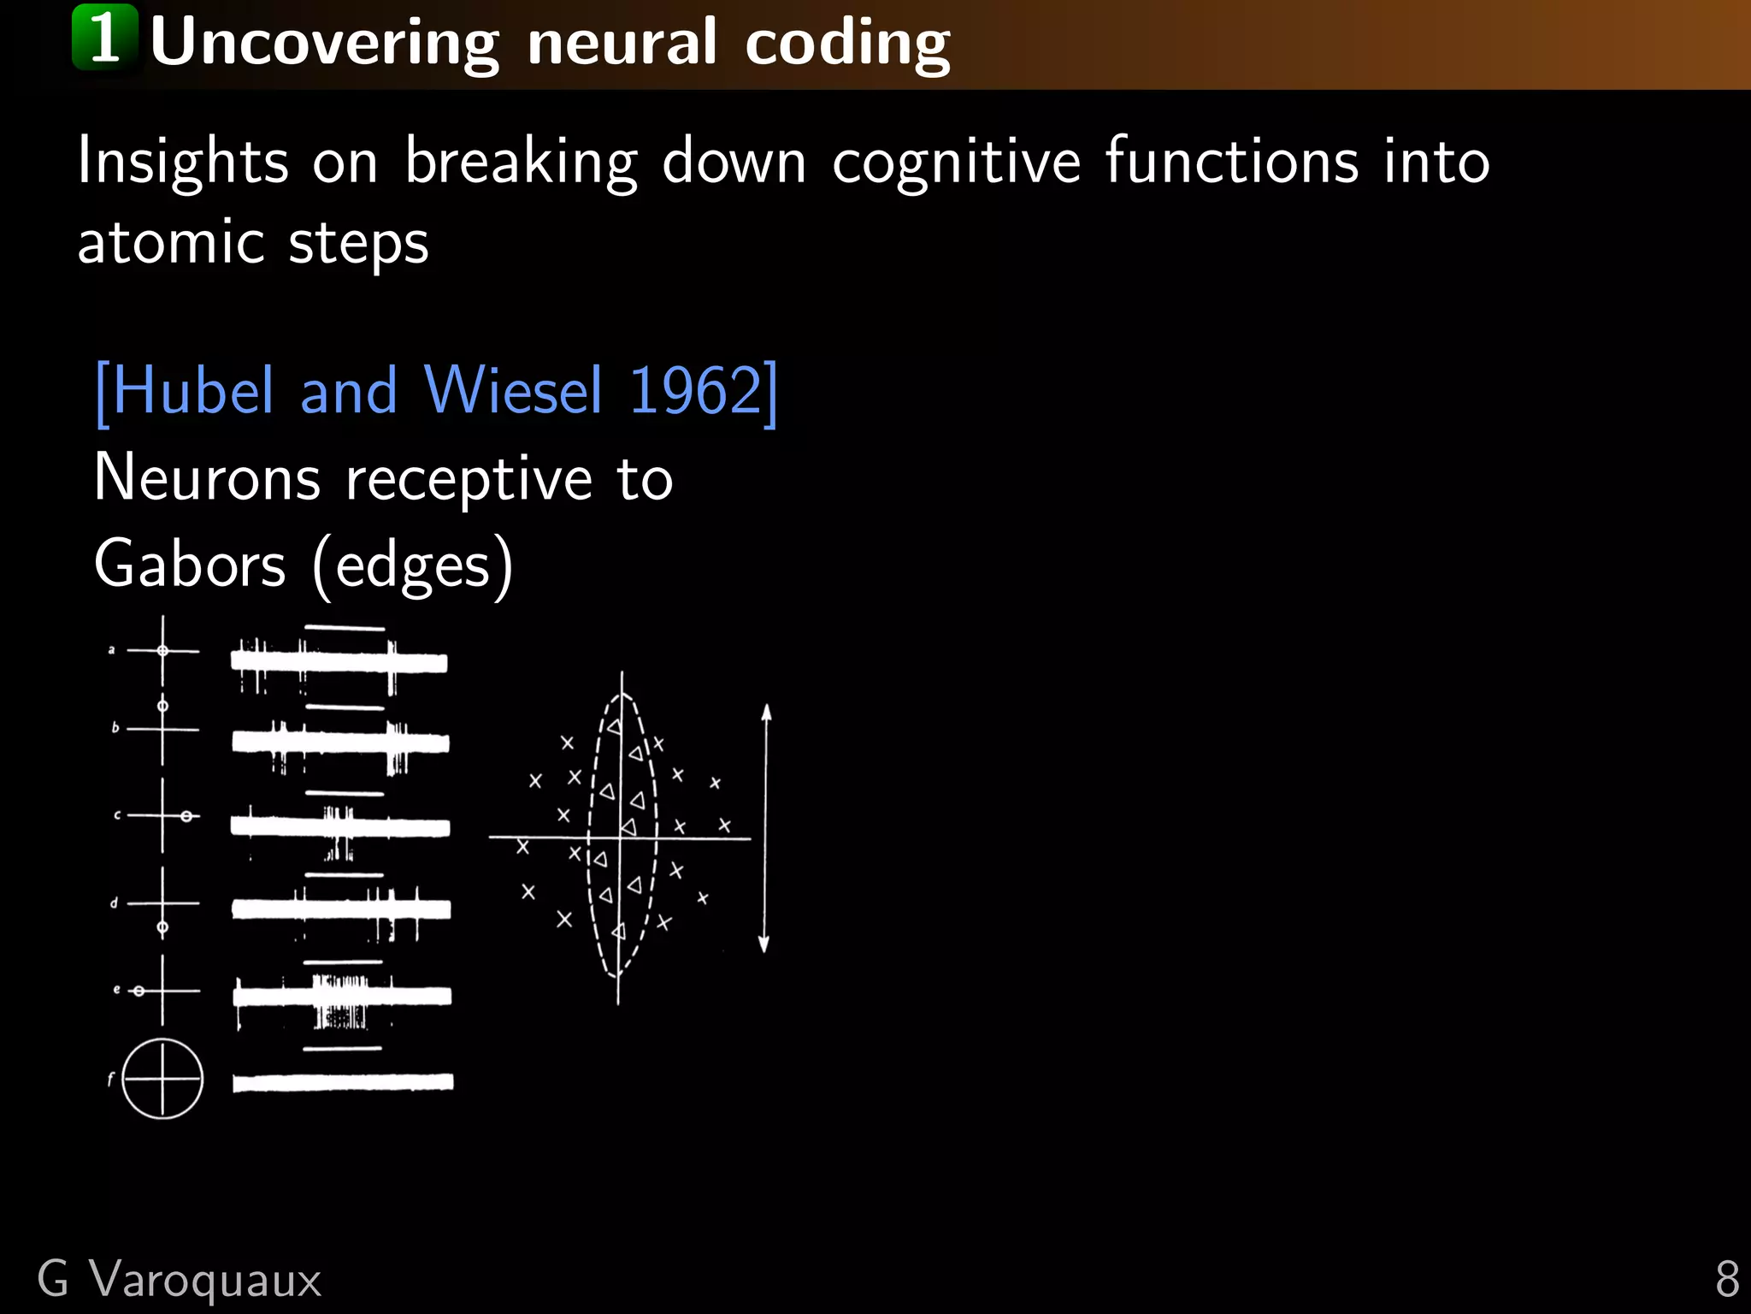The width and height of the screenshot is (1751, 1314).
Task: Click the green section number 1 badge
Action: coord(104,38)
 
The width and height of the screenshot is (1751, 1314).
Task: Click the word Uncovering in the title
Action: coord(324,43)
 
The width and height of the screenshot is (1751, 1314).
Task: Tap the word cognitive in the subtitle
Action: coord(957,163)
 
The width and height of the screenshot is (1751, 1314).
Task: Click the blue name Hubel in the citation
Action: coord(192,391)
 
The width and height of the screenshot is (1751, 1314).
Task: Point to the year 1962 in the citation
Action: coord(695,391)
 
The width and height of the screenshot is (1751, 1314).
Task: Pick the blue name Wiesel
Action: coord(513,391)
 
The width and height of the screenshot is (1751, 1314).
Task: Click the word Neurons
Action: coord(207,478)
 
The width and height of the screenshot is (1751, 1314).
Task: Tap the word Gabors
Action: coord(190,565)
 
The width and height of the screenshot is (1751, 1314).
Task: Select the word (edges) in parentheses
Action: coord(413,566)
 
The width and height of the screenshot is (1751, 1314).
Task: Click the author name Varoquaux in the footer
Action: coord(205,1280)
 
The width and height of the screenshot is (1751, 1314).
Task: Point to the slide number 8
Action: coord(1726,1280)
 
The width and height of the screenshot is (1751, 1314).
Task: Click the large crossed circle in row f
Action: coord(162,1079)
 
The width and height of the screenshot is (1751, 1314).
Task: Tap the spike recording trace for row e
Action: coord(342,996)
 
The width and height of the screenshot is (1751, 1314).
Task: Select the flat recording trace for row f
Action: coord(343,1082)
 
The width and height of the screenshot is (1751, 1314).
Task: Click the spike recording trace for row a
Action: coord(339,662)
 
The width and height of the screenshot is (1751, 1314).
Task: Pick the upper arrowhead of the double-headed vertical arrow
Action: coord(767,713)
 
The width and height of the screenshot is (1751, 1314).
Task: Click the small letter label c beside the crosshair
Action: coord(117,815)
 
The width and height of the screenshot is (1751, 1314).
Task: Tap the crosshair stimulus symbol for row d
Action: coord(162,903)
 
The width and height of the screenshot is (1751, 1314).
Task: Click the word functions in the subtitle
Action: coord(1231,161)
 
